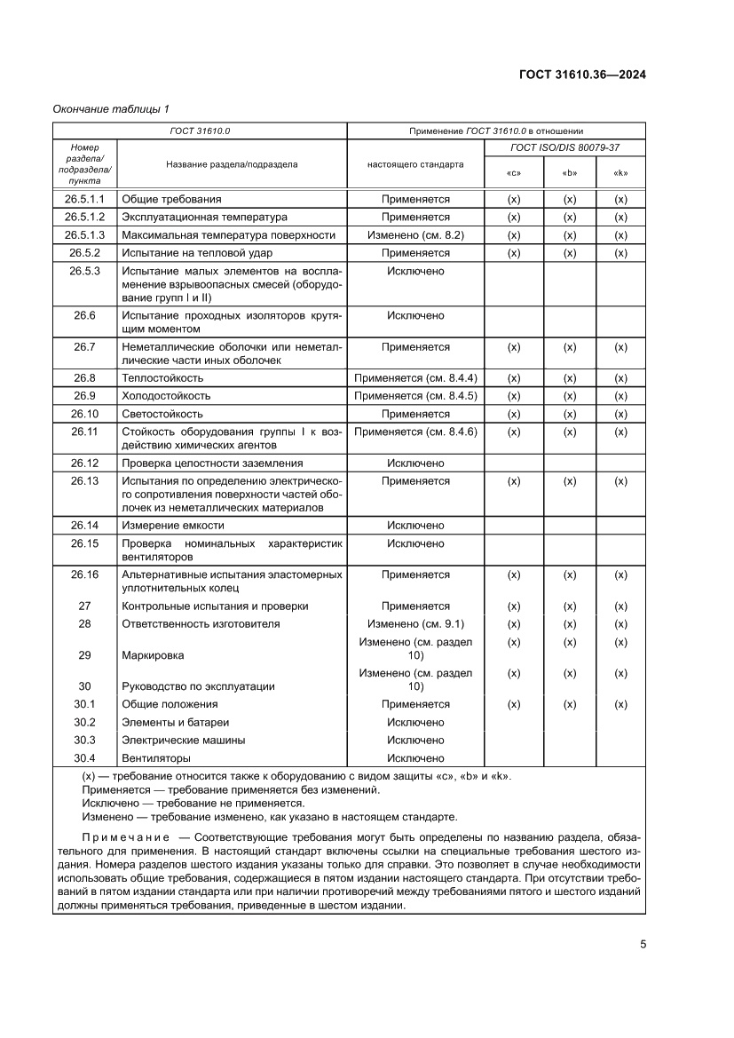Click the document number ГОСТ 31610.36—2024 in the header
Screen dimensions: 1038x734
click(582, 75)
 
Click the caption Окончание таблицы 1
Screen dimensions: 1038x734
click(111, 108)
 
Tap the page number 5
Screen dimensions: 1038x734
click(642, 944)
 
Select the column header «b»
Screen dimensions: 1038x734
click(570, 172)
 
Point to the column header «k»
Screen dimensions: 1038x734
click(620, 172)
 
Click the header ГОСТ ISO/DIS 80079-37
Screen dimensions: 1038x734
click(565, 147)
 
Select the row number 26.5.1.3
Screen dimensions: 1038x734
click(84, 235)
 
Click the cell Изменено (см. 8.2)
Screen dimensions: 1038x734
click(415, 235)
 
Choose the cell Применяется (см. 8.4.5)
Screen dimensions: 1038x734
click(415, 396)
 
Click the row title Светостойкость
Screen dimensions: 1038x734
click(162, 414)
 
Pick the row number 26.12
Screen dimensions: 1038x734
click(84, 463)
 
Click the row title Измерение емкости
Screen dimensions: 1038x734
click(171, 526)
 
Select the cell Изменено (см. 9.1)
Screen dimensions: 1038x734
click(415, 624)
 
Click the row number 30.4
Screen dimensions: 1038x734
click(84, 758)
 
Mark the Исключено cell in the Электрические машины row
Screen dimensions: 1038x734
click(415, 740)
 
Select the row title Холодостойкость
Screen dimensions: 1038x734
click(166, 396)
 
